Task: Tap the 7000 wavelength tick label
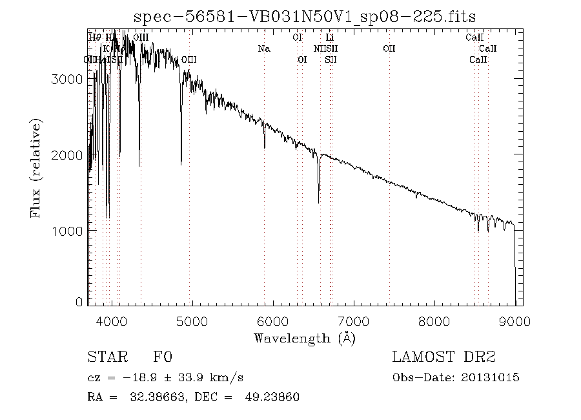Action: point(354,320)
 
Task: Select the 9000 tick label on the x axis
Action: point(515,320)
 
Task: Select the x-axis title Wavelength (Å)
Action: point(305,337)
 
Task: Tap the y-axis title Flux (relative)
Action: point(36,167)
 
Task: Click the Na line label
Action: point(263,48)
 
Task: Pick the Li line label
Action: point(329,37)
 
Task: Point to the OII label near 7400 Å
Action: point(389,48)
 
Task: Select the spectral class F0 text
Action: point(162,357)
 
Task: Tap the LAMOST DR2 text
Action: point(443,357)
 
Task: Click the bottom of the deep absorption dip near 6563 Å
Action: point(318,202)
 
